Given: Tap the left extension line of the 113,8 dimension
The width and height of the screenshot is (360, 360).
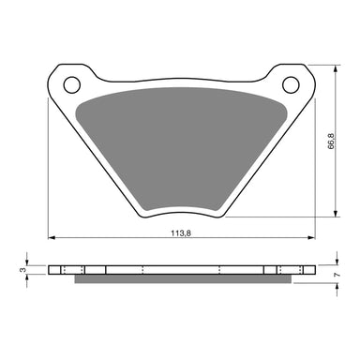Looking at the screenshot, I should tap(48, 169).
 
